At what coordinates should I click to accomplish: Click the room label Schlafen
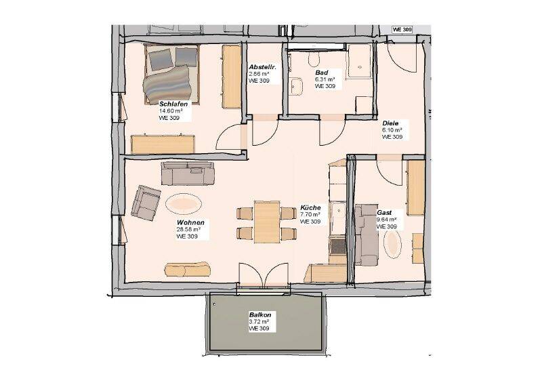click(x=173, y=104)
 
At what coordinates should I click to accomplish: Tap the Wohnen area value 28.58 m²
click(x=188, y=229)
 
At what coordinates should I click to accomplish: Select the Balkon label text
click(x=260, y=315)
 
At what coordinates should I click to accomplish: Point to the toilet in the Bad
click(x=314, y=59)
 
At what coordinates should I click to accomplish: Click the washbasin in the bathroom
click(x=296, y=86)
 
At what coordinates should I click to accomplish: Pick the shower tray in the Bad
click(x=360, y=61)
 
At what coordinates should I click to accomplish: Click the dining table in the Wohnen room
click(x=267, y=222)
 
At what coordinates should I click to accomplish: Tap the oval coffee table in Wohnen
click(x=184, y=204)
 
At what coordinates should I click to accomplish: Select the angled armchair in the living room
click(x=146, y=203)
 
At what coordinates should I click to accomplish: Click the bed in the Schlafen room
click(x=171, y=74)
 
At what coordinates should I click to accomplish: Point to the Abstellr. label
click(x=262, y=66)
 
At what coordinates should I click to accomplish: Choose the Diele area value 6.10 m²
click(x=392, y=130)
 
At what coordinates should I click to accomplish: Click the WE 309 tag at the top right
click(x=402, y=30)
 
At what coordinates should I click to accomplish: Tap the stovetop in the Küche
click(x=337, y=246)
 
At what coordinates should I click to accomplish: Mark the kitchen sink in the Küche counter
click(x=337, y=211)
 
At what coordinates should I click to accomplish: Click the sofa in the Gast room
click(x=367, y=235)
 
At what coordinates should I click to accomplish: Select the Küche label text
click(x=310, y=208)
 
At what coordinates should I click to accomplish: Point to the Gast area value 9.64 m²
click(x=386, y=220)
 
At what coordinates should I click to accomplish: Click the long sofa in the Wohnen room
click(x=188, y=173)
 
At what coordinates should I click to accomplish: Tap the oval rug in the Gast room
click(x=392, y=244)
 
